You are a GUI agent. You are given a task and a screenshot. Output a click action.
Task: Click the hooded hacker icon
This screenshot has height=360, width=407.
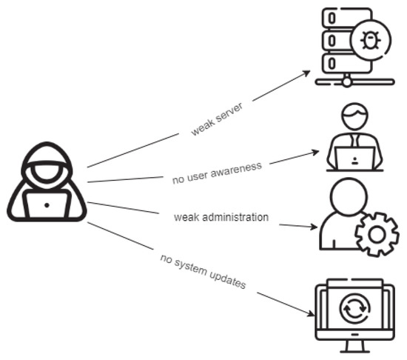pos(47,183)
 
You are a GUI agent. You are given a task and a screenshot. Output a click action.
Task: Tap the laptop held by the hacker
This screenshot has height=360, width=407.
pos(47,203)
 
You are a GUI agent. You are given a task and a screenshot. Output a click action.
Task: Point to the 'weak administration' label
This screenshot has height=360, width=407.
pos(221,217)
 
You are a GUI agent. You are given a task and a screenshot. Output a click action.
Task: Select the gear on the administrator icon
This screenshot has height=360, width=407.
pos(377,234)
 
